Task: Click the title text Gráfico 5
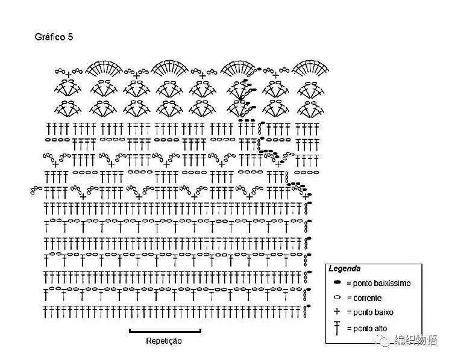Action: point(54,37)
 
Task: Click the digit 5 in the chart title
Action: point(71,37)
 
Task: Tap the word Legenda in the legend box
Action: point(345,268)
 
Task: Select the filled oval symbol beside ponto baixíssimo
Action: point(337,282)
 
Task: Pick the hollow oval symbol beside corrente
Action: point(337,297)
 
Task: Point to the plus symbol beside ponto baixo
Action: point(337,311)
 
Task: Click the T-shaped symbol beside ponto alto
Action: point(337,328)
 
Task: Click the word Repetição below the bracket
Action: point(164,341)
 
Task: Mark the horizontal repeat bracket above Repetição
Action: point(165,332)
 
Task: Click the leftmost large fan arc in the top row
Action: point(104,62)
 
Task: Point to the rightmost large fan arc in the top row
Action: point(310,62)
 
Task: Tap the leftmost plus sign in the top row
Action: point(68,75)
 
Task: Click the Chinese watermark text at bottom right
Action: point(416,340)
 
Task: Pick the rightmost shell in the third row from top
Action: point(311,109)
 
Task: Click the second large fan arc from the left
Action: point(169,62)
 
